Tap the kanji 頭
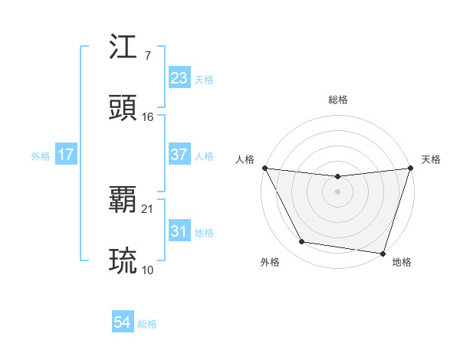point(124,108)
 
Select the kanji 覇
point(124,200)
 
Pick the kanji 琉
point(124,260)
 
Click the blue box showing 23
point(179,78)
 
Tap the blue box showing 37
point(179,155)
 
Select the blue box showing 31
point(179,231)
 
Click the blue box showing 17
point(65,155)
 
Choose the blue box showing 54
point(122,323)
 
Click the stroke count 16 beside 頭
point(148,117)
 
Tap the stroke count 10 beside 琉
point(148,270)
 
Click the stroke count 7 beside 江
point(147,56)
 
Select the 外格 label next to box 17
point(41,155)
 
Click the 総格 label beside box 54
point(147,324)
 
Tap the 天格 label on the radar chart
point(432,159)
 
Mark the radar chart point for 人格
point(264,168)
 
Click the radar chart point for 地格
point(383,253)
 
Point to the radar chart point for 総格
point(337,177)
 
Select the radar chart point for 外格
point(301,242)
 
